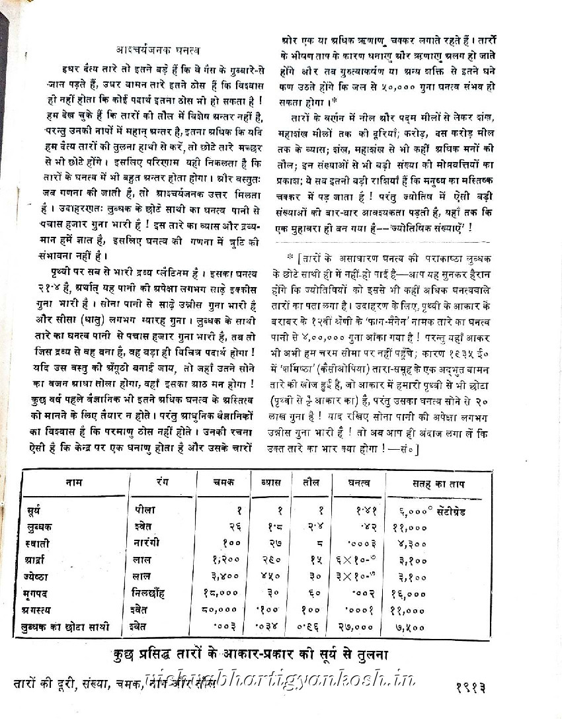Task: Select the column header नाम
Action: point(75,484)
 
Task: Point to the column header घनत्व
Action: point(358,484)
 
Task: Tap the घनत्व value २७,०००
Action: point(362,626)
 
